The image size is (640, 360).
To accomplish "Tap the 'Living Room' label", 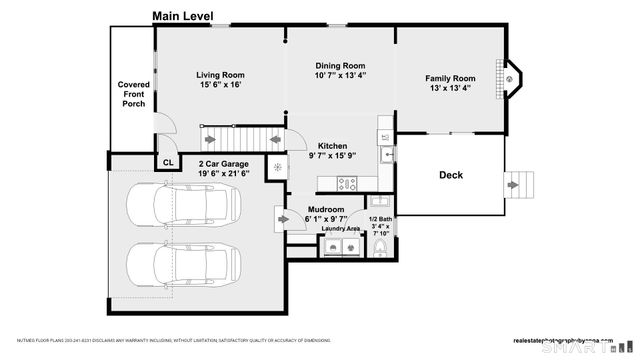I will pyautogui.click(x=220, y=74).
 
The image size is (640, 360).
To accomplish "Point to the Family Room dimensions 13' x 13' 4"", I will pyautogui.click(x=449, y=88).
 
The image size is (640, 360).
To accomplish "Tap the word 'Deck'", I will pyautogui.click(x=450, y=175).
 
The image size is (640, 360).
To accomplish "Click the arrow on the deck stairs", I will pyautogui.click(x=517, y=185).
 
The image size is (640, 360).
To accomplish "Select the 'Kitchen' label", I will pyautogui.click(x=333, y=145).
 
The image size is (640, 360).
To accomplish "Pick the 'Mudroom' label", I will pyautogui.click(x=326, y=210).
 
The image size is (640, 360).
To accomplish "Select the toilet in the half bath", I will pyautogui.click(x=380, y=250).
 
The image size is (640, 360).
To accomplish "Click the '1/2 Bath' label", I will pyautogui.click(x=380, y=219).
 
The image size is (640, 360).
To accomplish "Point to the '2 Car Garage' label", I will pyautogui.click(x=223, y=163).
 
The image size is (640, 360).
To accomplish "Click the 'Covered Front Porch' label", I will pyautogui.click(x=133, y=94).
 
